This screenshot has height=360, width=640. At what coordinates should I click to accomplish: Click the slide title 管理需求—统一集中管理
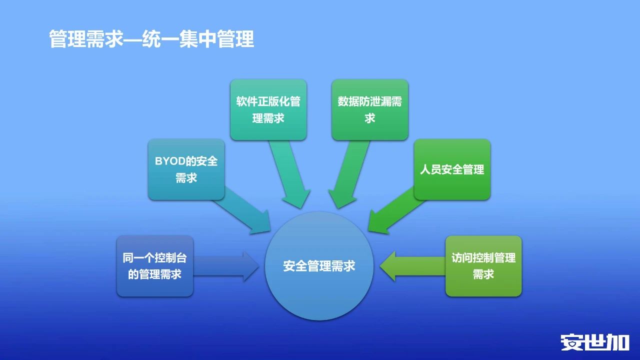151,39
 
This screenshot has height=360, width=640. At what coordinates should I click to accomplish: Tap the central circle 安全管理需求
319,266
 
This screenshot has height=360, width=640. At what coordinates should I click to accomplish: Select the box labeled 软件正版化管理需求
268,109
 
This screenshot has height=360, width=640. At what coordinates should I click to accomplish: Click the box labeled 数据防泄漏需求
369,109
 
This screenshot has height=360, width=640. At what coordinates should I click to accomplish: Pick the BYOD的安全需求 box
186,169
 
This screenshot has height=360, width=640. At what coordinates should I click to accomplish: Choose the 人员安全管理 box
452,169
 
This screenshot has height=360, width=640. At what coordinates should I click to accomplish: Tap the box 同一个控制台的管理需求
155,266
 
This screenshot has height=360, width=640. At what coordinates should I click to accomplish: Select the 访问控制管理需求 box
483,266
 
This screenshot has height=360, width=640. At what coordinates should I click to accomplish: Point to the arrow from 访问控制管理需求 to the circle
412,266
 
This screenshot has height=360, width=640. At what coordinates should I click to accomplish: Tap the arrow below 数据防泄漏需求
348,175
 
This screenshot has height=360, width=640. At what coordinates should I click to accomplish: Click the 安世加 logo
595,342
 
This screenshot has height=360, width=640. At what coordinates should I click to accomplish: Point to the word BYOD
170,161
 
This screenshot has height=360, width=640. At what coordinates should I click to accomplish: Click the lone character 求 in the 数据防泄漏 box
369,118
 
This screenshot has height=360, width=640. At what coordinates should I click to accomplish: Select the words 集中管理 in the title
216,39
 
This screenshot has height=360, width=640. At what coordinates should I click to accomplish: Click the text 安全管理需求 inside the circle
319,266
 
